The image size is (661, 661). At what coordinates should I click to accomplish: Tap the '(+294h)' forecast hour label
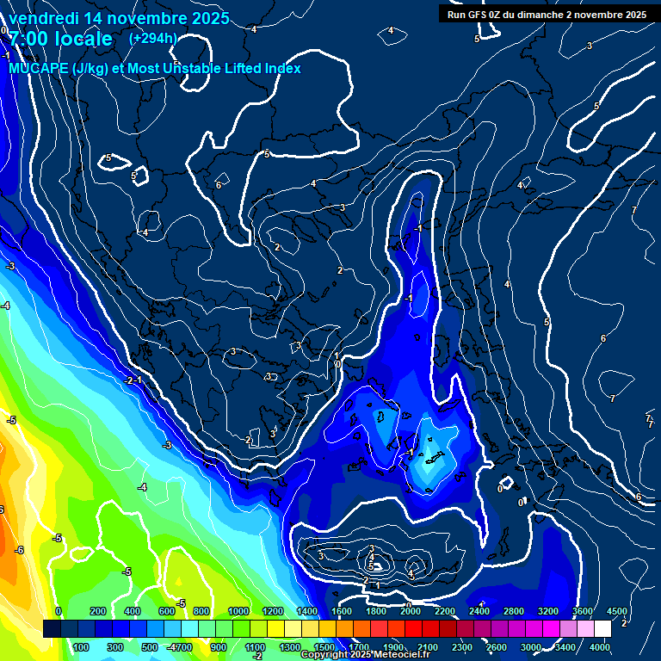[153, 38]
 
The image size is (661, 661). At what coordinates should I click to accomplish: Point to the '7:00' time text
[29, 39]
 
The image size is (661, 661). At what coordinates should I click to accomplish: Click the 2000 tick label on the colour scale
[410, 611]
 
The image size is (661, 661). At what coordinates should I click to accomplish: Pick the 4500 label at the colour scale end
[616, 611]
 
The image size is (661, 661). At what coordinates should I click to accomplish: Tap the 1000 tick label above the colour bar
[238, 611]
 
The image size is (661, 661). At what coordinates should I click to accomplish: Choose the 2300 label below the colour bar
[461, 647]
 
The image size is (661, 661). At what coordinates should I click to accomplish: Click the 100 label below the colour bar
[83, 647]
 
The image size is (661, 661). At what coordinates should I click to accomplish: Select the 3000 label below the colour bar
[530, 647]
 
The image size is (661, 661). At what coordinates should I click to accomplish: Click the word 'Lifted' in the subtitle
[237, 68]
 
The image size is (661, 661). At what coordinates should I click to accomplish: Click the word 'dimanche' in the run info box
[541, 15]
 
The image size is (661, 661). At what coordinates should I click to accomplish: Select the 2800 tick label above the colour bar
[513, 611]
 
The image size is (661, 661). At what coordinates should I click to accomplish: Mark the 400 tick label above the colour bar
[133, 611]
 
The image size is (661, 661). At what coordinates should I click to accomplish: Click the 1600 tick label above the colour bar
[341, 611]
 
